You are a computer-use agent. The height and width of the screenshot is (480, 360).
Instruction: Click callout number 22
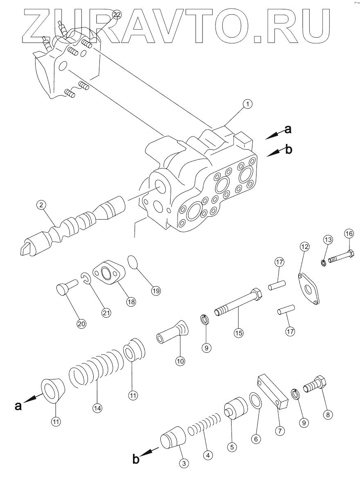(x=117, y=14)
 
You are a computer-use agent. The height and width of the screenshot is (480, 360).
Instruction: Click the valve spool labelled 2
(x=72, y=225)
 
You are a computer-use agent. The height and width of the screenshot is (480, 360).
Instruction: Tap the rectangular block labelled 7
(x=273, y=391)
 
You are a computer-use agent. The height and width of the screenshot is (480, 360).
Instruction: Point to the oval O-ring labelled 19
(x=134, y=262)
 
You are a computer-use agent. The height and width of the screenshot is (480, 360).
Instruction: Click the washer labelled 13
(x=323, y=262)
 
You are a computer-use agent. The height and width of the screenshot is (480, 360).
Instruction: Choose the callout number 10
(x=180, y=361)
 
